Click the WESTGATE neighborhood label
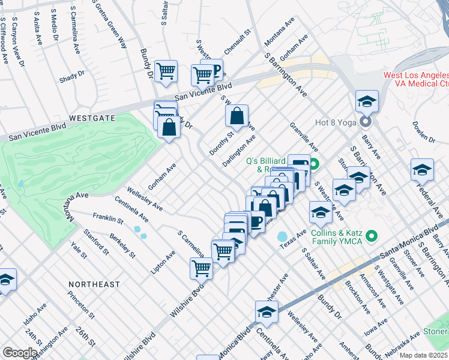92,118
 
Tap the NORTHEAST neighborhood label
94,284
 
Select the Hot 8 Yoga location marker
366,122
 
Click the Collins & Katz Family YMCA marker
371,236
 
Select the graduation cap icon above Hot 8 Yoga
366,101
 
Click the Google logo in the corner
20,353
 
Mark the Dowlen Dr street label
423,131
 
